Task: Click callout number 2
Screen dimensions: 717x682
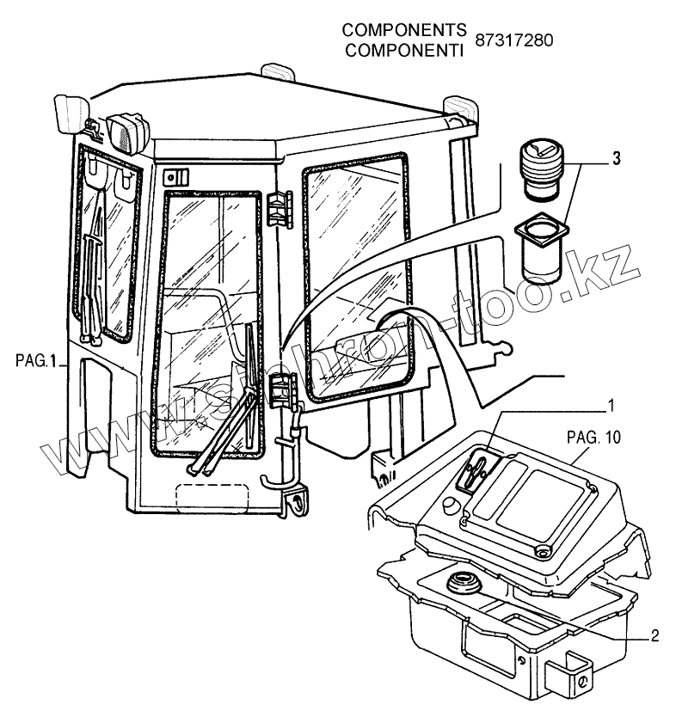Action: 654,637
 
